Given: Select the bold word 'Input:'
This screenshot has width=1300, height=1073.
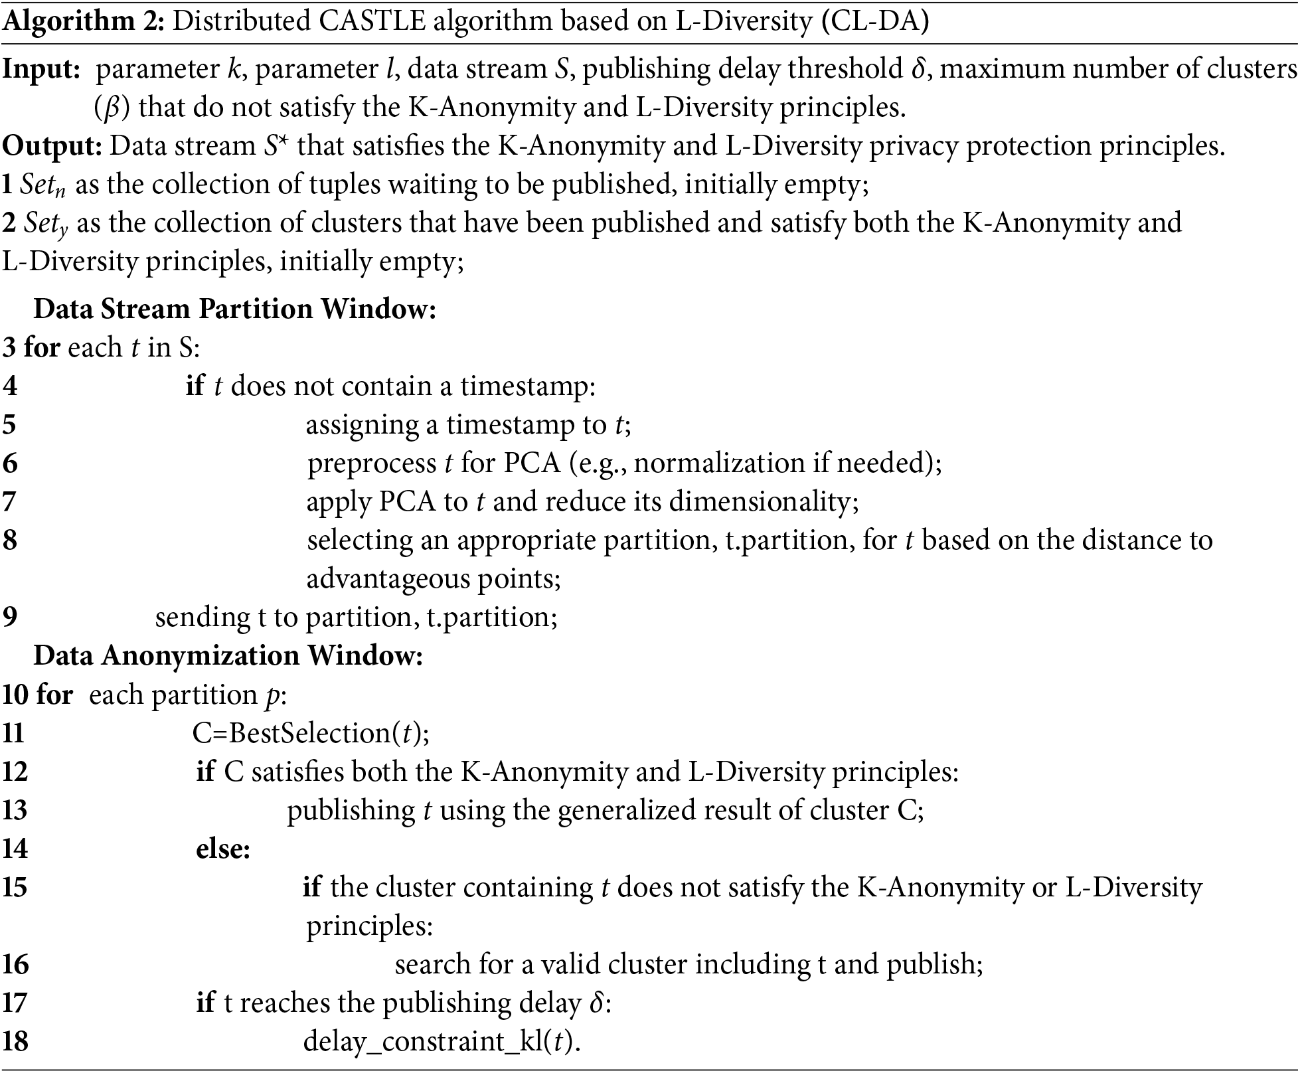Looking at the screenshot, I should point(41,69).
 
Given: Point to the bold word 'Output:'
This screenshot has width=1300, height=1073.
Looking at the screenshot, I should point(52,146).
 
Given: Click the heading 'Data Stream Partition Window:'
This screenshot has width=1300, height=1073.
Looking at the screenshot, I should point(234,309).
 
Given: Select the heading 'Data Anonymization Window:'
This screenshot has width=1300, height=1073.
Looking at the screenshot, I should point(228,655).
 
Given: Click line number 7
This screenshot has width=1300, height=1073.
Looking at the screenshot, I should point(9,501).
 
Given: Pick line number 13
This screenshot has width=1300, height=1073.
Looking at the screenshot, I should point(15,810).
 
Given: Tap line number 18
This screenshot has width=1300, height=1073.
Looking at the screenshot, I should point(15,1041).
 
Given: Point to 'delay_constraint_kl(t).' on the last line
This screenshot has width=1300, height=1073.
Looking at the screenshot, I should point(442,1041).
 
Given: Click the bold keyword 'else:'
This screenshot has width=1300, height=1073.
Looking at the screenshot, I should point(223,849).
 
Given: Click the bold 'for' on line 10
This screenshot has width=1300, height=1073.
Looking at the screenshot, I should point(54,695).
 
